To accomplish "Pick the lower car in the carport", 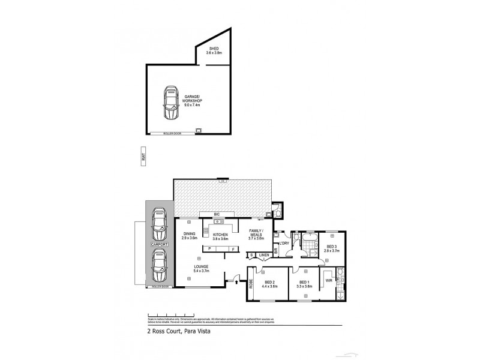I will click(159, 266).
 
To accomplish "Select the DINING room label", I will click(189, 236).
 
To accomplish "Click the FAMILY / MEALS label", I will click(256, 233).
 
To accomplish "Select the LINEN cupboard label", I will click(264, 254).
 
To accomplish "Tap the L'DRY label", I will click(284, 242).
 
